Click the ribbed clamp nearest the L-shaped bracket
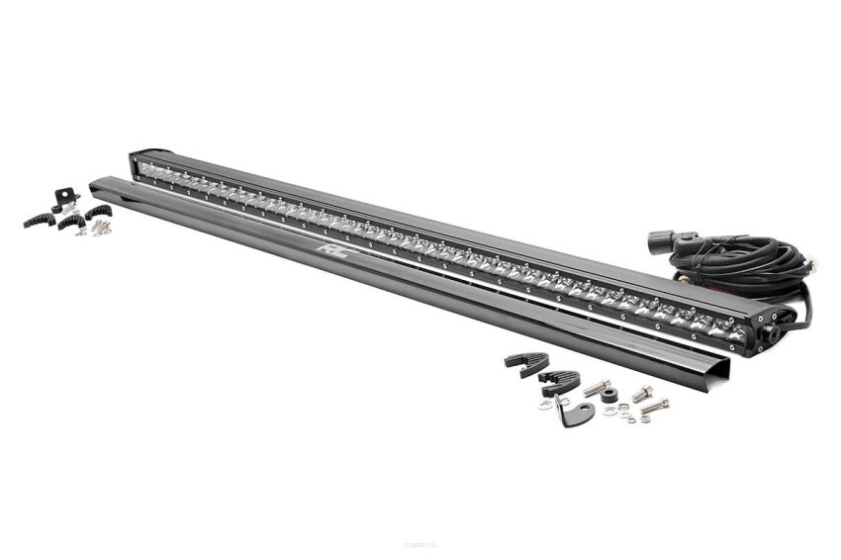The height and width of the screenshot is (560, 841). pos(559,380)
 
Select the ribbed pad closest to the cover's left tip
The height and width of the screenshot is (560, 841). pos(97,212)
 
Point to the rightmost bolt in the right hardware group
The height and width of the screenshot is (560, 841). pos(654,406)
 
